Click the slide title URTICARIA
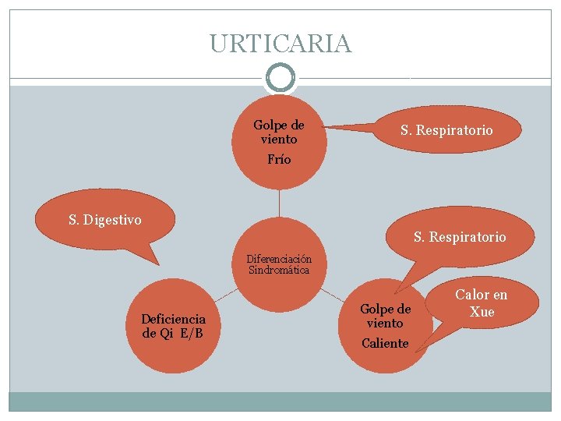(x=280, y=43)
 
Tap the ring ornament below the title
(x=280, y=78)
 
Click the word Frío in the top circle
(x=279, y=159)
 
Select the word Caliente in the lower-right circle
(x=385, y=343)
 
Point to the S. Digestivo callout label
(x=105, y=220)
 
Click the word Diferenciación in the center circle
(x=279, y=259)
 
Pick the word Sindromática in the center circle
(x=279, y=270)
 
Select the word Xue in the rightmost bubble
(x=482, y=312)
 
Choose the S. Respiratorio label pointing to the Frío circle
(x=446, y=130)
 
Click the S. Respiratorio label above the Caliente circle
(x=460, y=236)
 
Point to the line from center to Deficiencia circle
(x=225, y=295)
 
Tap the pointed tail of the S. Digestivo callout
(x=156, y=262)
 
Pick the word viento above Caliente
(x=385, y=323)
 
